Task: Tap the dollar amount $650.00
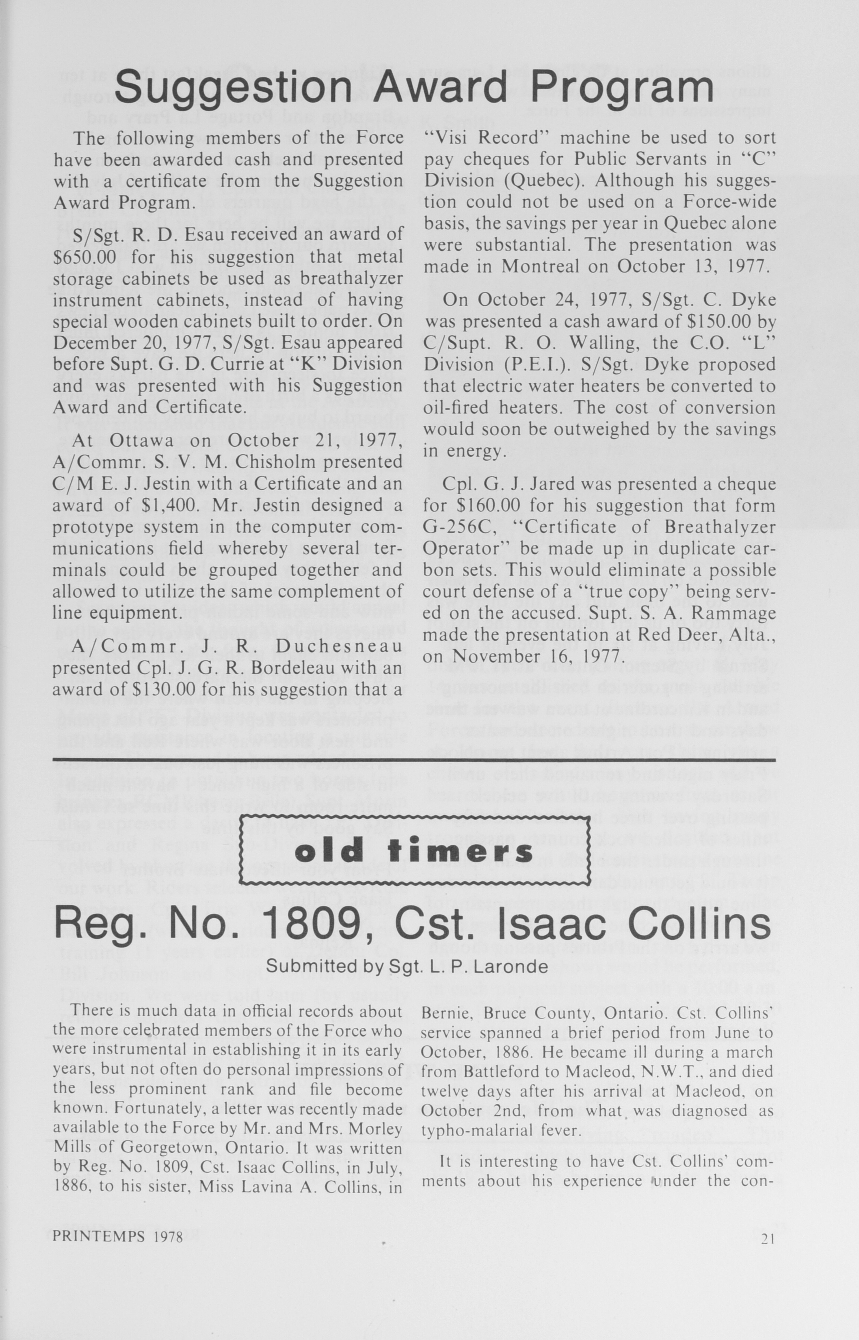point(84,257)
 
